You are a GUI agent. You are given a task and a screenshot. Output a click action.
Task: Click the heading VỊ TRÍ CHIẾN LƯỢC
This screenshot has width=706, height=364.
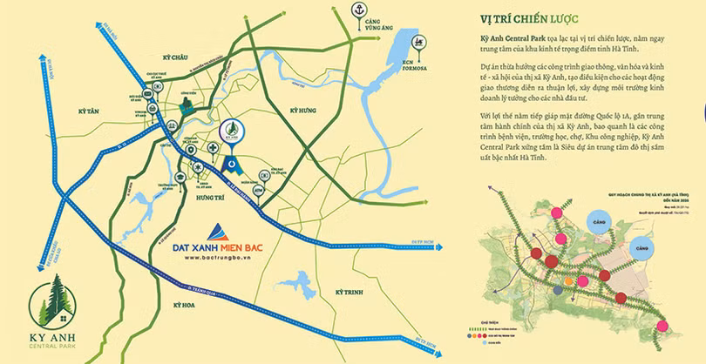coord(528,18)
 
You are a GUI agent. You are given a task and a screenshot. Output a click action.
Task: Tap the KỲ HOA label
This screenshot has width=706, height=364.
coord(186,305)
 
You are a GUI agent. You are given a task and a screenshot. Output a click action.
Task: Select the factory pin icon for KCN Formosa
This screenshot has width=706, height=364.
coord(419,42)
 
